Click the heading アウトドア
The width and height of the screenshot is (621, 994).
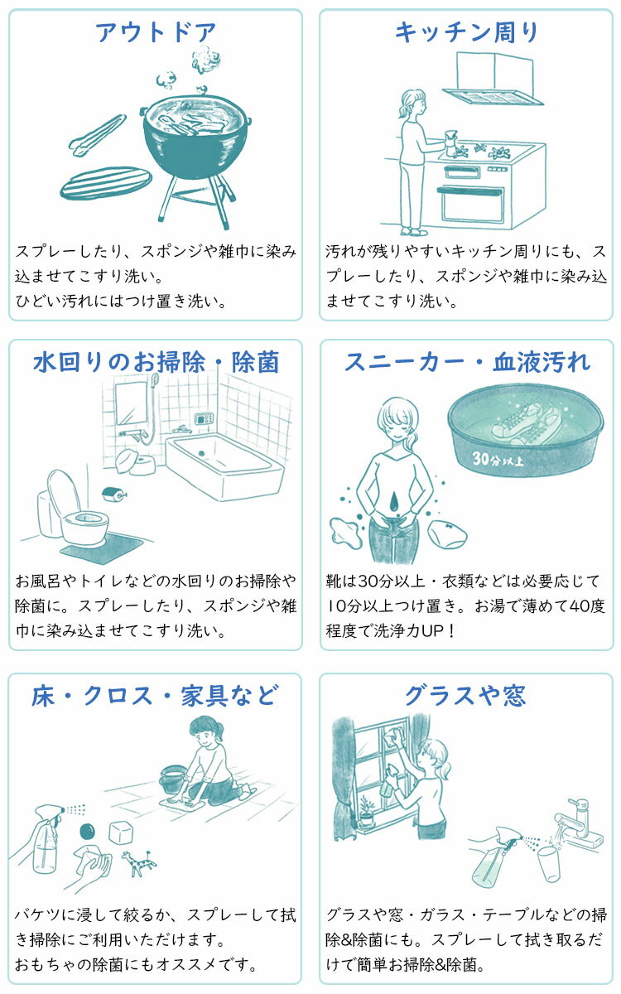(x=156, y=32)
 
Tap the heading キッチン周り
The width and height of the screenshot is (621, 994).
(x=466, y=32)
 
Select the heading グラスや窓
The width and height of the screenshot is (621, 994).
(x=465, y=695)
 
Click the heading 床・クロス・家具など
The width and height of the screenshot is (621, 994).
(x=156, y=695)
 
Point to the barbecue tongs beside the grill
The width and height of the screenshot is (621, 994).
(x=97, y=134)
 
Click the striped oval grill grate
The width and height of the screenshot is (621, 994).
(x=106, y=183)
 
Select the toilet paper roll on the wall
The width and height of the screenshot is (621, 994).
(x=114, y=494)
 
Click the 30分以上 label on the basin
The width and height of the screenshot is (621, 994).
(x=498, y=458)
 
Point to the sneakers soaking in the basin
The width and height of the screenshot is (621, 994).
(x=526, y=422)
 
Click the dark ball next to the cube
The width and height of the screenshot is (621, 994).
(x=89, y=831)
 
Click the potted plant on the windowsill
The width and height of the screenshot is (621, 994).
(x=366, y=813)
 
